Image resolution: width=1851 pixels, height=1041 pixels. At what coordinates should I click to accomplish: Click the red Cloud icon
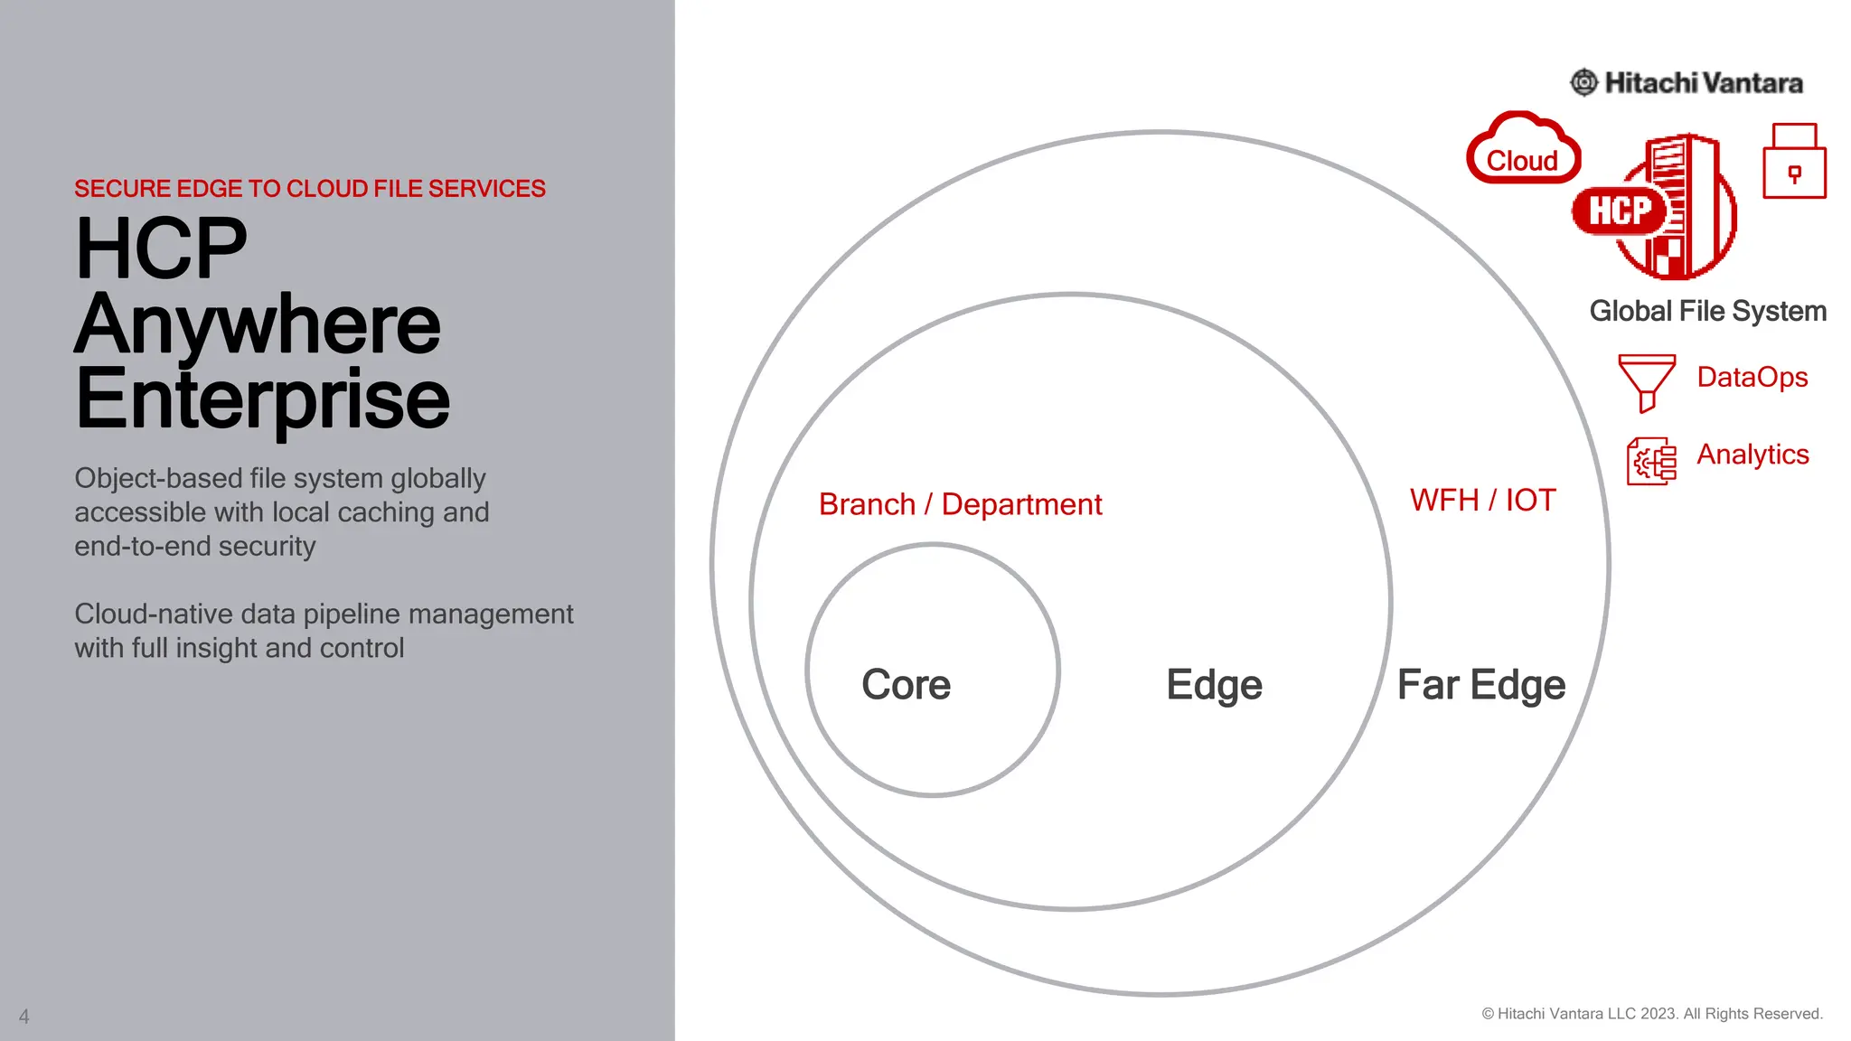click(x=1523, y=150)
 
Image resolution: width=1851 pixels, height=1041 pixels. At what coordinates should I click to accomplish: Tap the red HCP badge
click(x=1620, y=211)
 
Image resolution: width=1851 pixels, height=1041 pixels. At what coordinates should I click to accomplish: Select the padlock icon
click(x=1794, y=162)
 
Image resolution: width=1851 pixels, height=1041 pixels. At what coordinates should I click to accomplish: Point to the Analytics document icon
click(x=1650, y=461)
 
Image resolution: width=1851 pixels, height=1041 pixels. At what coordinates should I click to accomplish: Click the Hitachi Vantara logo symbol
click(x=1583, y=83)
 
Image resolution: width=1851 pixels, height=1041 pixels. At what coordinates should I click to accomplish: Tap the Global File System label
click(x=1707, y=311)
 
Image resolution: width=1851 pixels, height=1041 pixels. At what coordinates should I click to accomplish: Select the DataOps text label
click(x=1752, y=377)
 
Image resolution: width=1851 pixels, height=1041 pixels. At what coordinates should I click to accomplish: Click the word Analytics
click(x=1752, y=454)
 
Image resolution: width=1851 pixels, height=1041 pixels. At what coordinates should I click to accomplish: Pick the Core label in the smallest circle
click(x=906, y=684)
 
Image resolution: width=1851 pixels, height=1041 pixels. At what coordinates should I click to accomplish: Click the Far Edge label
click(x=1480, y=684)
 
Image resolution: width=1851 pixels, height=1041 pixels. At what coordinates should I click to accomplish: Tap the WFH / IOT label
click(x=1482, y=500)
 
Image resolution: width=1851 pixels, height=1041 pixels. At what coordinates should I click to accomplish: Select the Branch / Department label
click(x=960, y=504)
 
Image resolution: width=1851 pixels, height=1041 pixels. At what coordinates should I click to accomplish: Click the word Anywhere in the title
click(x=258, y=324)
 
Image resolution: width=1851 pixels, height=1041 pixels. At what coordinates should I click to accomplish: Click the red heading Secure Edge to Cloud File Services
click(x=309, y=189)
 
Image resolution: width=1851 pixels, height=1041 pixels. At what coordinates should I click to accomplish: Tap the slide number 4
click(x=24, y=1017)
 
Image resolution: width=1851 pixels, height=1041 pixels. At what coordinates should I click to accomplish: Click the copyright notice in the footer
click(x=1651, y=1014)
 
